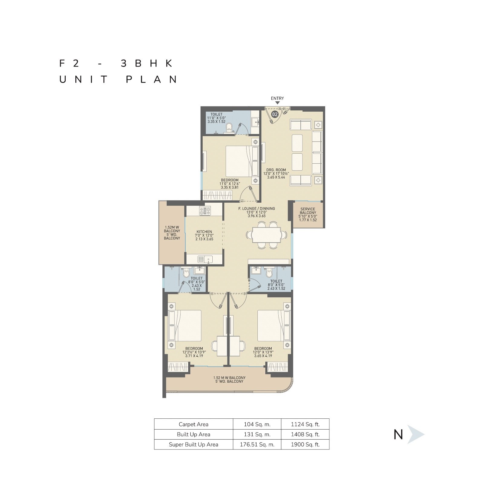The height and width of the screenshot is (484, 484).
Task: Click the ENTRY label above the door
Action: pos(277,98)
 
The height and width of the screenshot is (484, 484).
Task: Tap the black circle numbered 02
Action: pos(275,114)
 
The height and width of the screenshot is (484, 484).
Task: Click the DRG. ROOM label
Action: pos(276,170)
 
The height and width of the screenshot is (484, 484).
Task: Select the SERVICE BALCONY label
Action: pos(308,211)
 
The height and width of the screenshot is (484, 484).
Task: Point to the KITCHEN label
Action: pos(204,232)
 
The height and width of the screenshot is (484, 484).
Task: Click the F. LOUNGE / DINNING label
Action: pos(257,209)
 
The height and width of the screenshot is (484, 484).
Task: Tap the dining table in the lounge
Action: pos(266,235)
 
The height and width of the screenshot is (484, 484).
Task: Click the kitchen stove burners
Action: pos(205,211)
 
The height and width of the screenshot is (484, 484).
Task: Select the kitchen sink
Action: pos(205,259)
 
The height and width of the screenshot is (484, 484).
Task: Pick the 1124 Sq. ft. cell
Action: pos(305,424)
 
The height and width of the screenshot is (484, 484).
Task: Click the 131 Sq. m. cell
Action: pos(257,434)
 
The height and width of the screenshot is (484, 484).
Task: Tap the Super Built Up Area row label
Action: pos(194,445)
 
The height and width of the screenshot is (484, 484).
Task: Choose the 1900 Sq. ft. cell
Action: pos(305,445)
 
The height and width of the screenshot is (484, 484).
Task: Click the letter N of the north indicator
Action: pos(398,435)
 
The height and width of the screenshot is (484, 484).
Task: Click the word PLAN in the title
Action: pos(152,80)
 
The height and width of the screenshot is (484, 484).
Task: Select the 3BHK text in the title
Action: pos(147,63)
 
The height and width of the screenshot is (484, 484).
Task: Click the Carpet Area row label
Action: pos(194,424)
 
